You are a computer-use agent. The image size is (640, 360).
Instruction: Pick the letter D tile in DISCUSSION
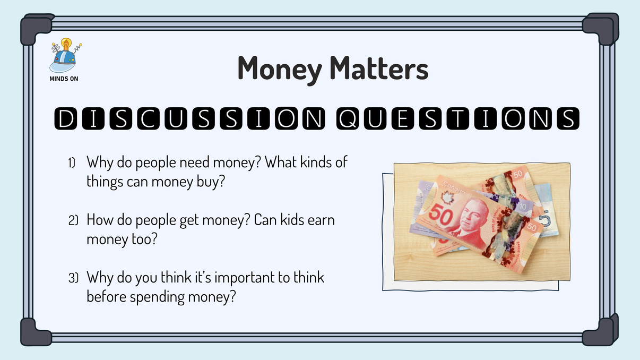coord(64,119)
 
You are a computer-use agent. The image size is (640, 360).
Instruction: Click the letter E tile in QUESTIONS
coord(403,119)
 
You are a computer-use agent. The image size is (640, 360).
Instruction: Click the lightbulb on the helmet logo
coord(66,44)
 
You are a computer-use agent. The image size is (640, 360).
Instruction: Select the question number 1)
coord(73,162)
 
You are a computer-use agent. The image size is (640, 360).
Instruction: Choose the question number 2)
coord(73,220)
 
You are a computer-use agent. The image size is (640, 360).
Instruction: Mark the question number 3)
coord(73,278)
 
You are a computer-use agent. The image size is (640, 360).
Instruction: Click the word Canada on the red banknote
coord(454,184)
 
